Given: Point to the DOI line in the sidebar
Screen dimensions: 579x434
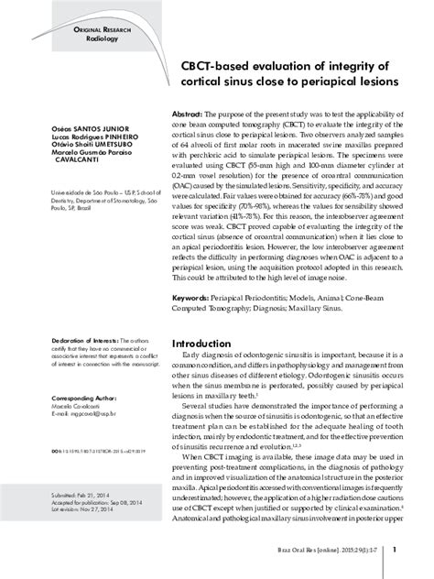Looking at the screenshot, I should coord(98,453).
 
